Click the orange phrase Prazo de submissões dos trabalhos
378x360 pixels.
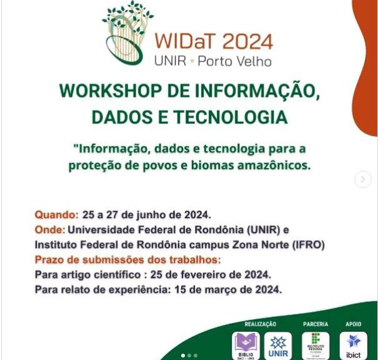pyautogui.click(x=127, y=259)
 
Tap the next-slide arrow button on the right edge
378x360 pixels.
pyautogui.click(x=363, y=179)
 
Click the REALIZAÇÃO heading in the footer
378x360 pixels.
pyautogui.click(x=260, y=324)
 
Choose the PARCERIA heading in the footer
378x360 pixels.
pyautogui.click(x=316, y=324)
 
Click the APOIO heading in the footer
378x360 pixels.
pyautogui.click(x=354, y=324)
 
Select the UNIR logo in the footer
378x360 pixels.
pyautogui.click(x=278, y=346)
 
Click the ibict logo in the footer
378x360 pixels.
pyautogui.click(x=354, y=346)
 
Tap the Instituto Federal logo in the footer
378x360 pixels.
pyautogui.click(x=316, y=346)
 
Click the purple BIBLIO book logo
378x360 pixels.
pyautogui.click(x=246, y=346)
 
